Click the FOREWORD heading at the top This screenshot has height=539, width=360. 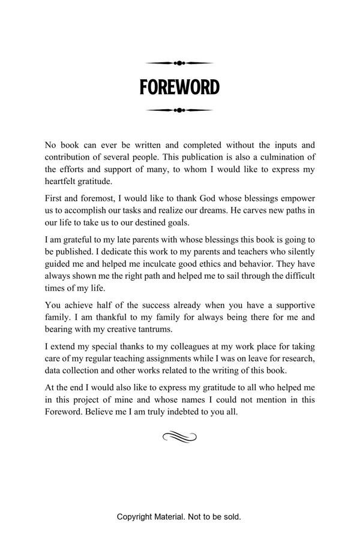(x=179, y=88)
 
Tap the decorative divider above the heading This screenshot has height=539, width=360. (x=179, y=63)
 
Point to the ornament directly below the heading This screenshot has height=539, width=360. (x=179, y=110)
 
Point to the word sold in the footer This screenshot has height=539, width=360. (x=231, y=516)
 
